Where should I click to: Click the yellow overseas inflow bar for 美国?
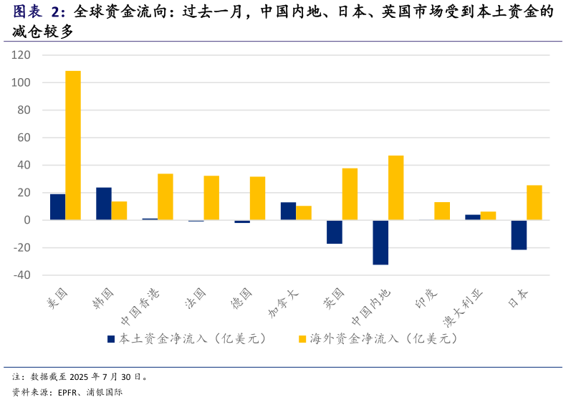tap(73, 146)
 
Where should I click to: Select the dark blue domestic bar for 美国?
tap(57, 207)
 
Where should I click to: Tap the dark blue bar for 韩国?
tap(103, 204)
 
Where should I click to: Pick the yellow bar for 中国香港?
tap(166, 196)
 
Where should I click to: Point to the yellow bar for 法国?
tap(211, 198)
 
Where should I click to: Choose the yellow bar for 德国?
tap(257, 199)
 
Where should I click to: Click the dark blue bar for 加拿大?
tap(288, 211)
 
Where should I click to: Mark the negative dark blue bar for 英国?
tap(335, 232)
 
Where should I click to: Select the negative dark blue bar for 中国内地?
tap(380, 242)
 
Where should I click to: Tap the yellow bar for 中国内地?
tap(396, 188)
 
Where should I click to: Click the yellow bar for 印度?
tap(442, 211)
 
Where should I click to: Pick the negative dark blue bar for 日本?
tap(519, 235)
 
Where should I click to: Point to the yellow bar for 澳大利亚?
tap(488, 216)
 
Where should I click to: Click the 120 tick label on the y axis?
tap(21, 55)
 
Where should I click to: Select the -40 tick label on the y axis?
tap(21, 275)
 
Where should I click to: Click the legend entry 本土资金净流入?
tap(186, 338)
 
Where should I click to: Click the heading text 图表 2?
tap(39, 12)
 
